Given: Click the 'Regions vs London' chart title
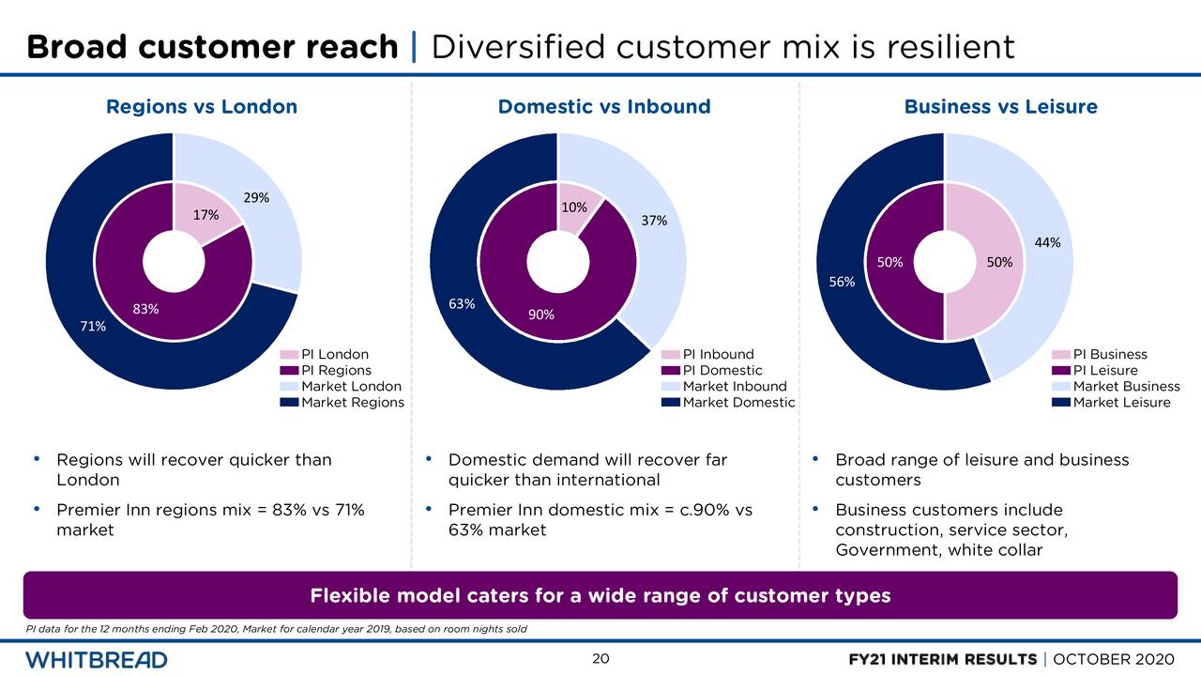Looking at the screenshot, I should click(x=202, y=107).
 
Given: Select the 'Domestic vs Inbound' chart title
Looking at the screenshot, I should click(x=604, y=107).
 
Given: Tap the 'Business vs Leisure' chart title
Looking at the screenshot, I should click(x=1000, y=107).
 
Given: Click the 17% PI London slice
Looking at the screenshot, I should click(x=201, y=214).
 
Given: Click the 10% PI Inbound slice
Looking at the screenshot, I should click(x=575, y=207).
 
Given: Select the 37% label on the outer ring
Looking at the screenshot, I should click(x=654, y=222).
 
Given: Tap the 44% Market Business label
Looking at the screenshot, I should click(x=1047, y=243).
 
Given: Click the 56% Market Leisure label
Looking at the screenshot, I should click(x=842, y=282).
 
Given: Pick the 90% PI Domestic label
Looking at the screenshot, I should click(x=540, y=315).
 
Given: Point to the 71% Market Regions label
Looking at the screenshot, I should click(x=93, y=327).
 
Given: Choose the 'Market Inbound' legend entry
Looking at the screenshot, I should click(x=735, y=387).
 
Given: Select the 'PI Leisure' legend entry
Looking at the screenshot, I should click(x=1105, y=371).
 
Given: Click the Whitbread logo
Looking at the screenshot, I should click(x=97, y=659).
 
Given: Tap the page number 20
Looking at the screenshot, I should click(x=600, y=659).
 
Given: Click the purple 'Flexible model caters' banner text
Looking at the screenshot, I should click(x=600, y=595).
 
